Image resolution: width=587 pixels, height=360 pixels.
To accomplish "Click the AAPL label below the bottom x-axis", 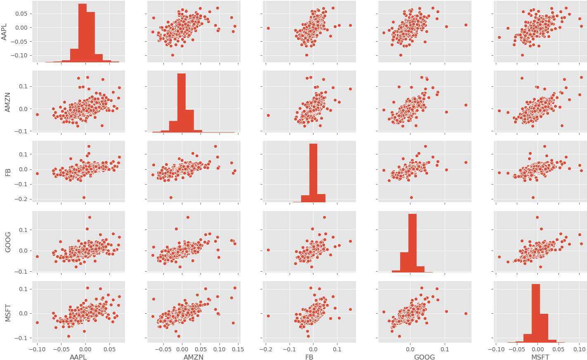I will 78,357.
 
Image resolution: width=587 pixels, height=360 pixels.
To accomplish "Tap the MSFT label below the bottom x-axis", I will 540,357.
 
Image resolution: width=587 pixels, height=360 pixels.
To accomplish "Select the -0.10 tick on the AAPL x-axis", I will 37,349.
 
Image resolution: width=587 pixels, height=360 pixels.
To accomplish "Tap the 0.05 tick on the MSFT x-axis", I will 558,349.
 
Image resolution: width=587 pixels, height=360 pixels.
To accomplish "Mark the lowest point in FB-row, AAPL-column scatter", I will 84,198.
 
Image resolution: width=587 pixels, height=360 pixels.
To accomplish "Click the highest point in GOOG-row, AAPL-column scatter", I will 90,217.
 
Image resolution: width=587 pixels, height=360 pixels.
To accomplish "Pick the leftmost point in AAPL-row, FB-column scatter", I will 268,28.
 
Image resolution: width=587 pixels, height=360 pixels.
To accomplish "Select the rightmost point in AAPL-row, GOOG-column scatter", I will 466,25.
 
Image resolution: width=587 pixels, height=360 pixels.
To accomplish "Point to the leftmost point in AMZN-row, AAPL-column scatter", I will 37,114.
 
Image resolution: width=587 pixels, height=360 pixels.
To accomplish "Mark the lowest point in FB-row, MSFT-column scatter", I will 533,197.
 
